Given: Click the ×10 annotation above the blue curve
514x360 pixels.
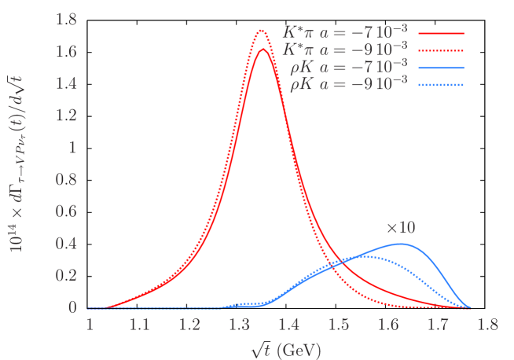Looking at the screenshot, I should tap(400, 228).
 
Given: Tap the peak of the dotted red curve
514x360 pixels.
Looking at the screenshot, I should tap(263, 31).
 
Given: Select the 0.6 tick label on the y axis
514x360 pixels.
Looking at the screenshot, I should tap(65, 211).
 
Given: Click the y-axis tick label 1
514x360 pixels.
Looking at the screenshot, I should tap(72, 147).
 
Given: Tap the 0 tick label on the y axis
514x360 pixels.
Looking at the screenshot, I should tap(72, 307).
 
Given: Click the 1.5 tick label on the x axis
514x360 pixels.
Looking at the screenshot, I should tap(338, 324).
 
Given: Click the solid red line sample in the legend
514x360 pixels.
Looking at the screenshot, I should tap(441, 34).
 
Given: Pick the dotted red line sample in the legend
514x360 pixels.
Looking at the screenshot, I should tap(441, 50).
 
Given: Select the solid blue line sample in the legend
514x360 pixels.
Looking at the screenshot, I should tap(441, 68).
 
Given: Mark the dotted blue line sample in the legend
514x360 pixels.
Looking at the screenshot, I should tap(441, 84).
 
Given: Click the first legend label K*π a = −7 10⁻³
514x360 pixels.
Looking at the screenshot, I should tap(345, 33).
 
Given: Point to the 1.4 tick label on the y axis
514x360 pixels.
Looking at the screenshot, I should tap(65, 83).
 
